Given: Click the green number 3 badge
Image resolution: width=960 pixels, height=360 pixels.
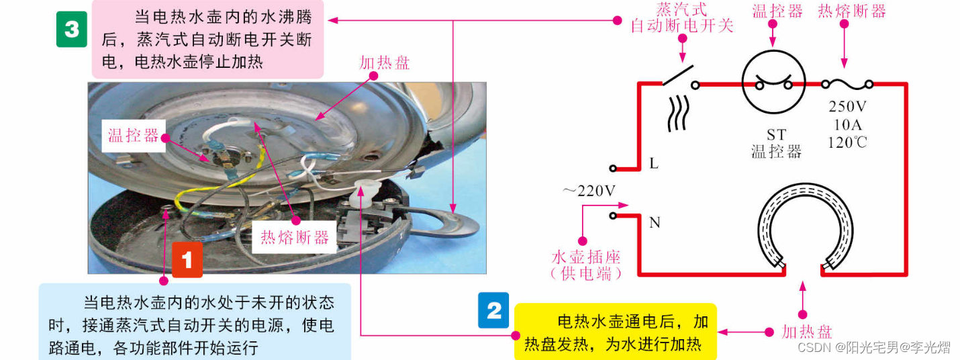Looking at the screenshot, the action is (72, 29).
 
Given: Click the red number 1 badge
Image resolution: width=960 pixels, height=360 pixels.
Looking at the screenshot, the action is (187, 260).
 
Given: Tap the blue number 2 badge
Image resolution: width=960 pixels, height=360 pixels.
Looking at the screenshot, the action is (493, 310).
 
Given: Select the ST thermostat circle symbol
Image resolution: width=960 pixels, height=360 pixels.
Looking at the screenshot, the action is (773, 82).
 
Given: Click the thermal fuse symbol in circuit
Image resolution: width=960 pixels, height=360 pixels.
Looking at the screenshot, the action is (847, 85).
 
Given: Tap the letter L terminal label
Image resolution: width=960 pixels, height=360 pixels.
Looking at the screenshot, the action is (654, 163).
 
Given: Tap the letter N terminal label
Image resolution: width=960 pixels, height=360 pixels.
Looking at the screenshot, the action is (655, 222).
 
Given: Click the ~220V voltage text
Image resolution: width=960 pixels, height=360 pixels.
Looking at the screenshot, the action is (589, 191).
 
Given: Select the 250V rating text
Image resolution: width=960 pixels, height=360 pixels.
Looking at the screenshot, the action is (847, 106).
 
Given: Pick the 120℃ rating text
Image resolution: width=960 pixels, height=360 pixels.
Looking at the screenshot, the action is (847, 142).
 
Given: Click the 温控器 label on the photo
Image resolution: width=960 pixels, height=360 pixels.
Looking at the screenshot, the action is (133, 136).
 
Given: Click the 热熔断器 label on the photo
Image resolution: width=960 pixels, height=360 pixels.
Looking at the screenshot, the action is (295, 237).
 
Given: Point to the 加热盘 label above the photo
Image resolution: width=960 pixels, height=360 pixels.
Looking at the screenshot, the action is (385, 63).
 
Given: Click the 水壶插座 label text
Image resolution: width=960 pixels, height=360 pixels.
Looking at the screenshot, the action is (586, 257).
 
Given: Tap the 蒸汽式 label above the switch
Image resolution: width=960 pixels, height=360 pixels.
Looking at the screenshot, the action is (681, 9).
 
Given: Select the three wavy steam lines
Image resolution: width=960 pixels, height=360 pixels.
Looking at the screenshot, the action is (679, 113).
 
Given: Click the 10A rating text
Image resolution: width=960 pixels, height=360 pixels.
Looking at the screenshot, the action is (847, 125).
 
